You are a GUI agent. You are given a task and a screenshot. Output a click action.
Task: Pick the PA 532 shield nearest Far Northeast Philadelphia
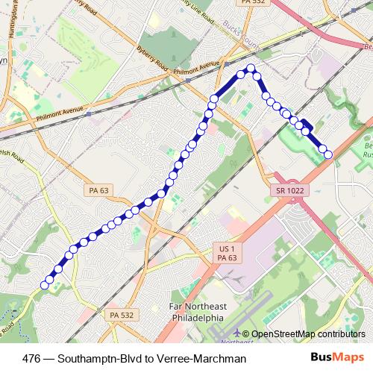(x=121, y=316)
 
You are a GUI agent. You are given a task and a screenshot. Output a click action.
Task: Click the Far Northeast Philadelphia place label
(x=192, y=312)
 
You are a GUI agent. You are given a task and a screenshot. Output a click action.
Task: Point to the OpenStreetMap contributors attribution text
(x=309, y=334)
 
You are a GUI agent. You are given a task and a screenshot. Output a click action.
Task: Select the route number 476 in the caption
(x=33, y=359)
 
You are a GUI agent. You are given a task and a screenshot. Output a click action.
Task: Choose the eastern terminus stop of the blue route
(x=327, y=154)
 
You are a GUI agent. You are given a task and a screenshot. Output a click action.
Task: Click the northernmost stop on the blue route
(x=251, y=69)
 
